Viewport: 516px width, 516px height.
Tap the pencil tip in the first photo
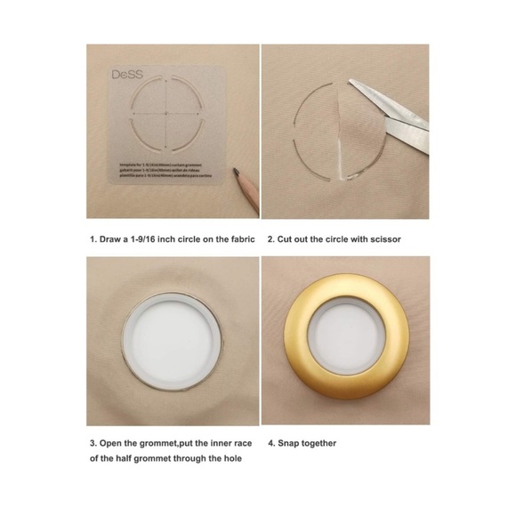[x=234, y=170]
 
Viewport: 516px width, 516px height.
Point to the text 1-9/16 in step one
[x=151, y=239]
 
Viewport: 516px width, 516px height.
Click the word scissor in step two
[x=403, y=239]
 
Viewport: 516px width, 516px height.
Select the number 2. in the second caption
[x=269, y=239]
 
